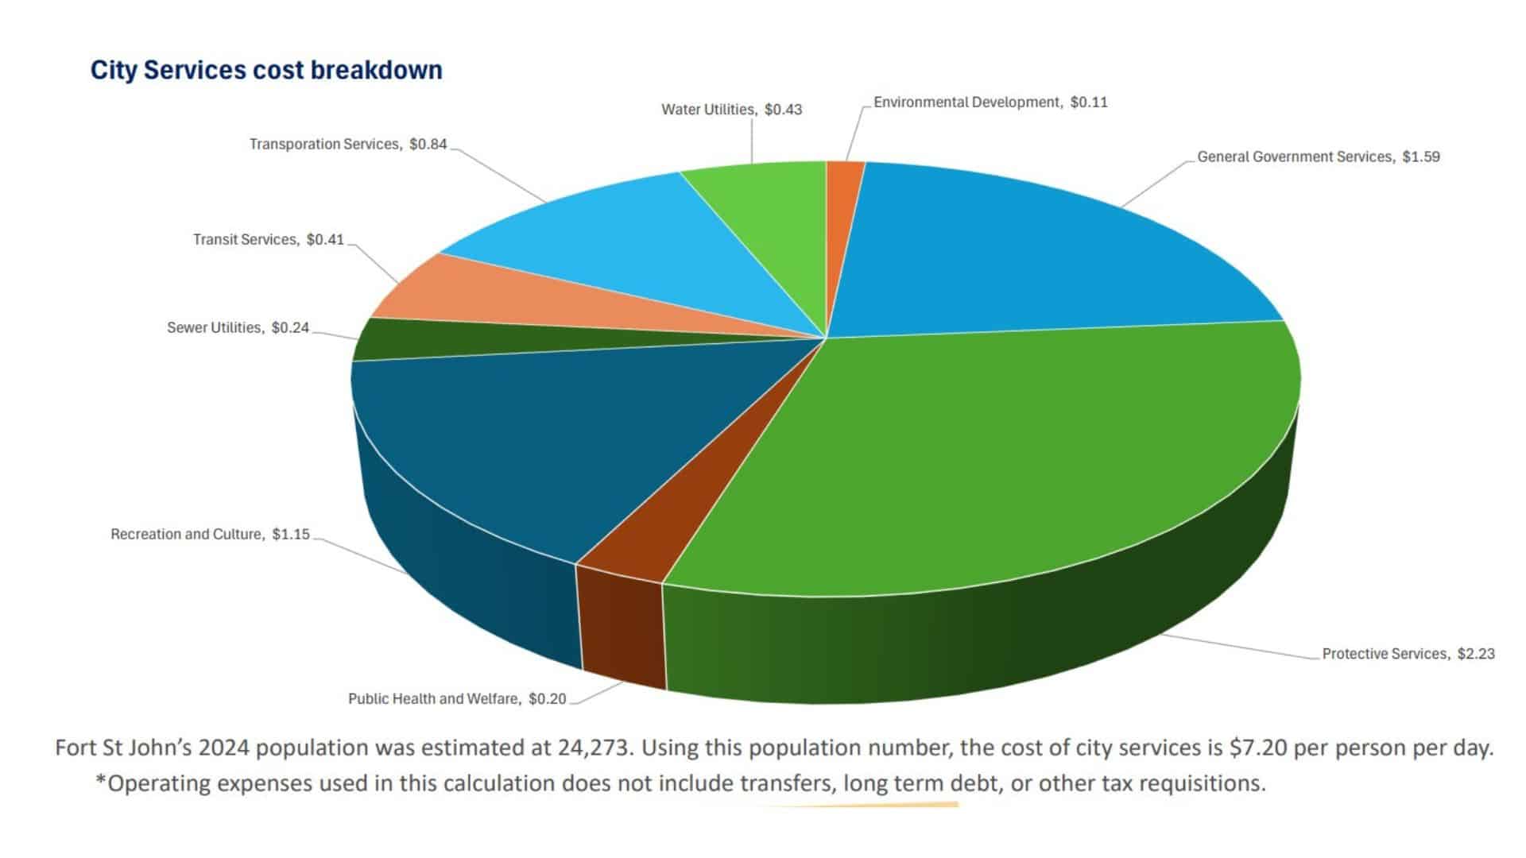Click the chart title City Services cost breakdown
coord(266,70)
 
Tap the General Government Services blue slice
coord(1033,254)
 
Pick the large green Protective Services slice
coord(993,461)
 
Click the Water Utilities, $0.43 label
coord(731,110)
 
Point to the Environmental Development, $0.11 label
coord(990,102)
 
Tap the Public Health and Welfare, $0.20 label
coord(457,699)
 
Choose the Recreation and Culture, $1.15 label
coord(210,535)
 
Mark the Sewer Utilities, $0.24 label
coord(238,328)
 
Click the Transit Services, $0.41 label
coord(269,240)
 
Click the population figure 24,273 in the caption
coord(598,748)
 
